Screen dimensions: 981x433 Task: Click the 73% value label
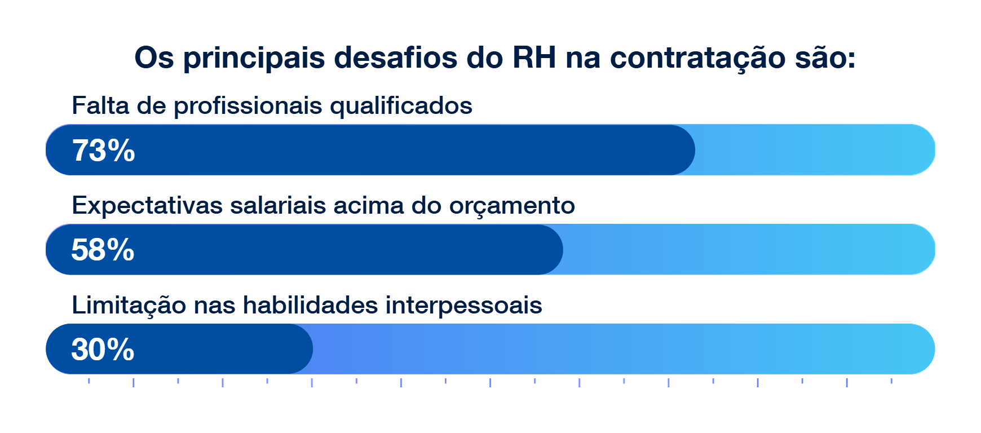click(104, 151)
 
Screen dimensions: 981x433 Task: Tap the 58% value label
click(103, 250)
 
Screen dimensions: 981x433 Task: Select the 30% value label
click(103, 350)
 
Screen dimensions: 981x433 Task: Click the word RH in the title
click(534, 58)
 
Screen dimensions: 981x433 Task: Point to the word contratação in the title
click(698, 59)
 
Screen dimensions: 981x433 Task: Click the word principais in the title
click(254, 59)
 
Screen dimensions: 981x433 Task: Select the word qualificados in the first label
click(401, 107)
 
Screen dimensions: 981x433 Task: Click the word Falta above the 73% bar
click(100, 105)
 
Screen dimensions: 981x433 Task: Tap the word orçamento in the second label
click(512, 206)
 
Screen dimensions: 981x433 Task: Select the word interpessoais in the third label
click(464, 306)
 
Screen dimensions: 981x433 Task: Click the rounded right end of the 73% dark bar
click(694, 150)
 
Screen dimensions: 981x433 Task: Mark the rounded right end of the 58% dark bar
click(562, 250)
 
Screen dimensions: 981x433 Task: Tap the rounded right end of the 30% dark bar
click(312, 349)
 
